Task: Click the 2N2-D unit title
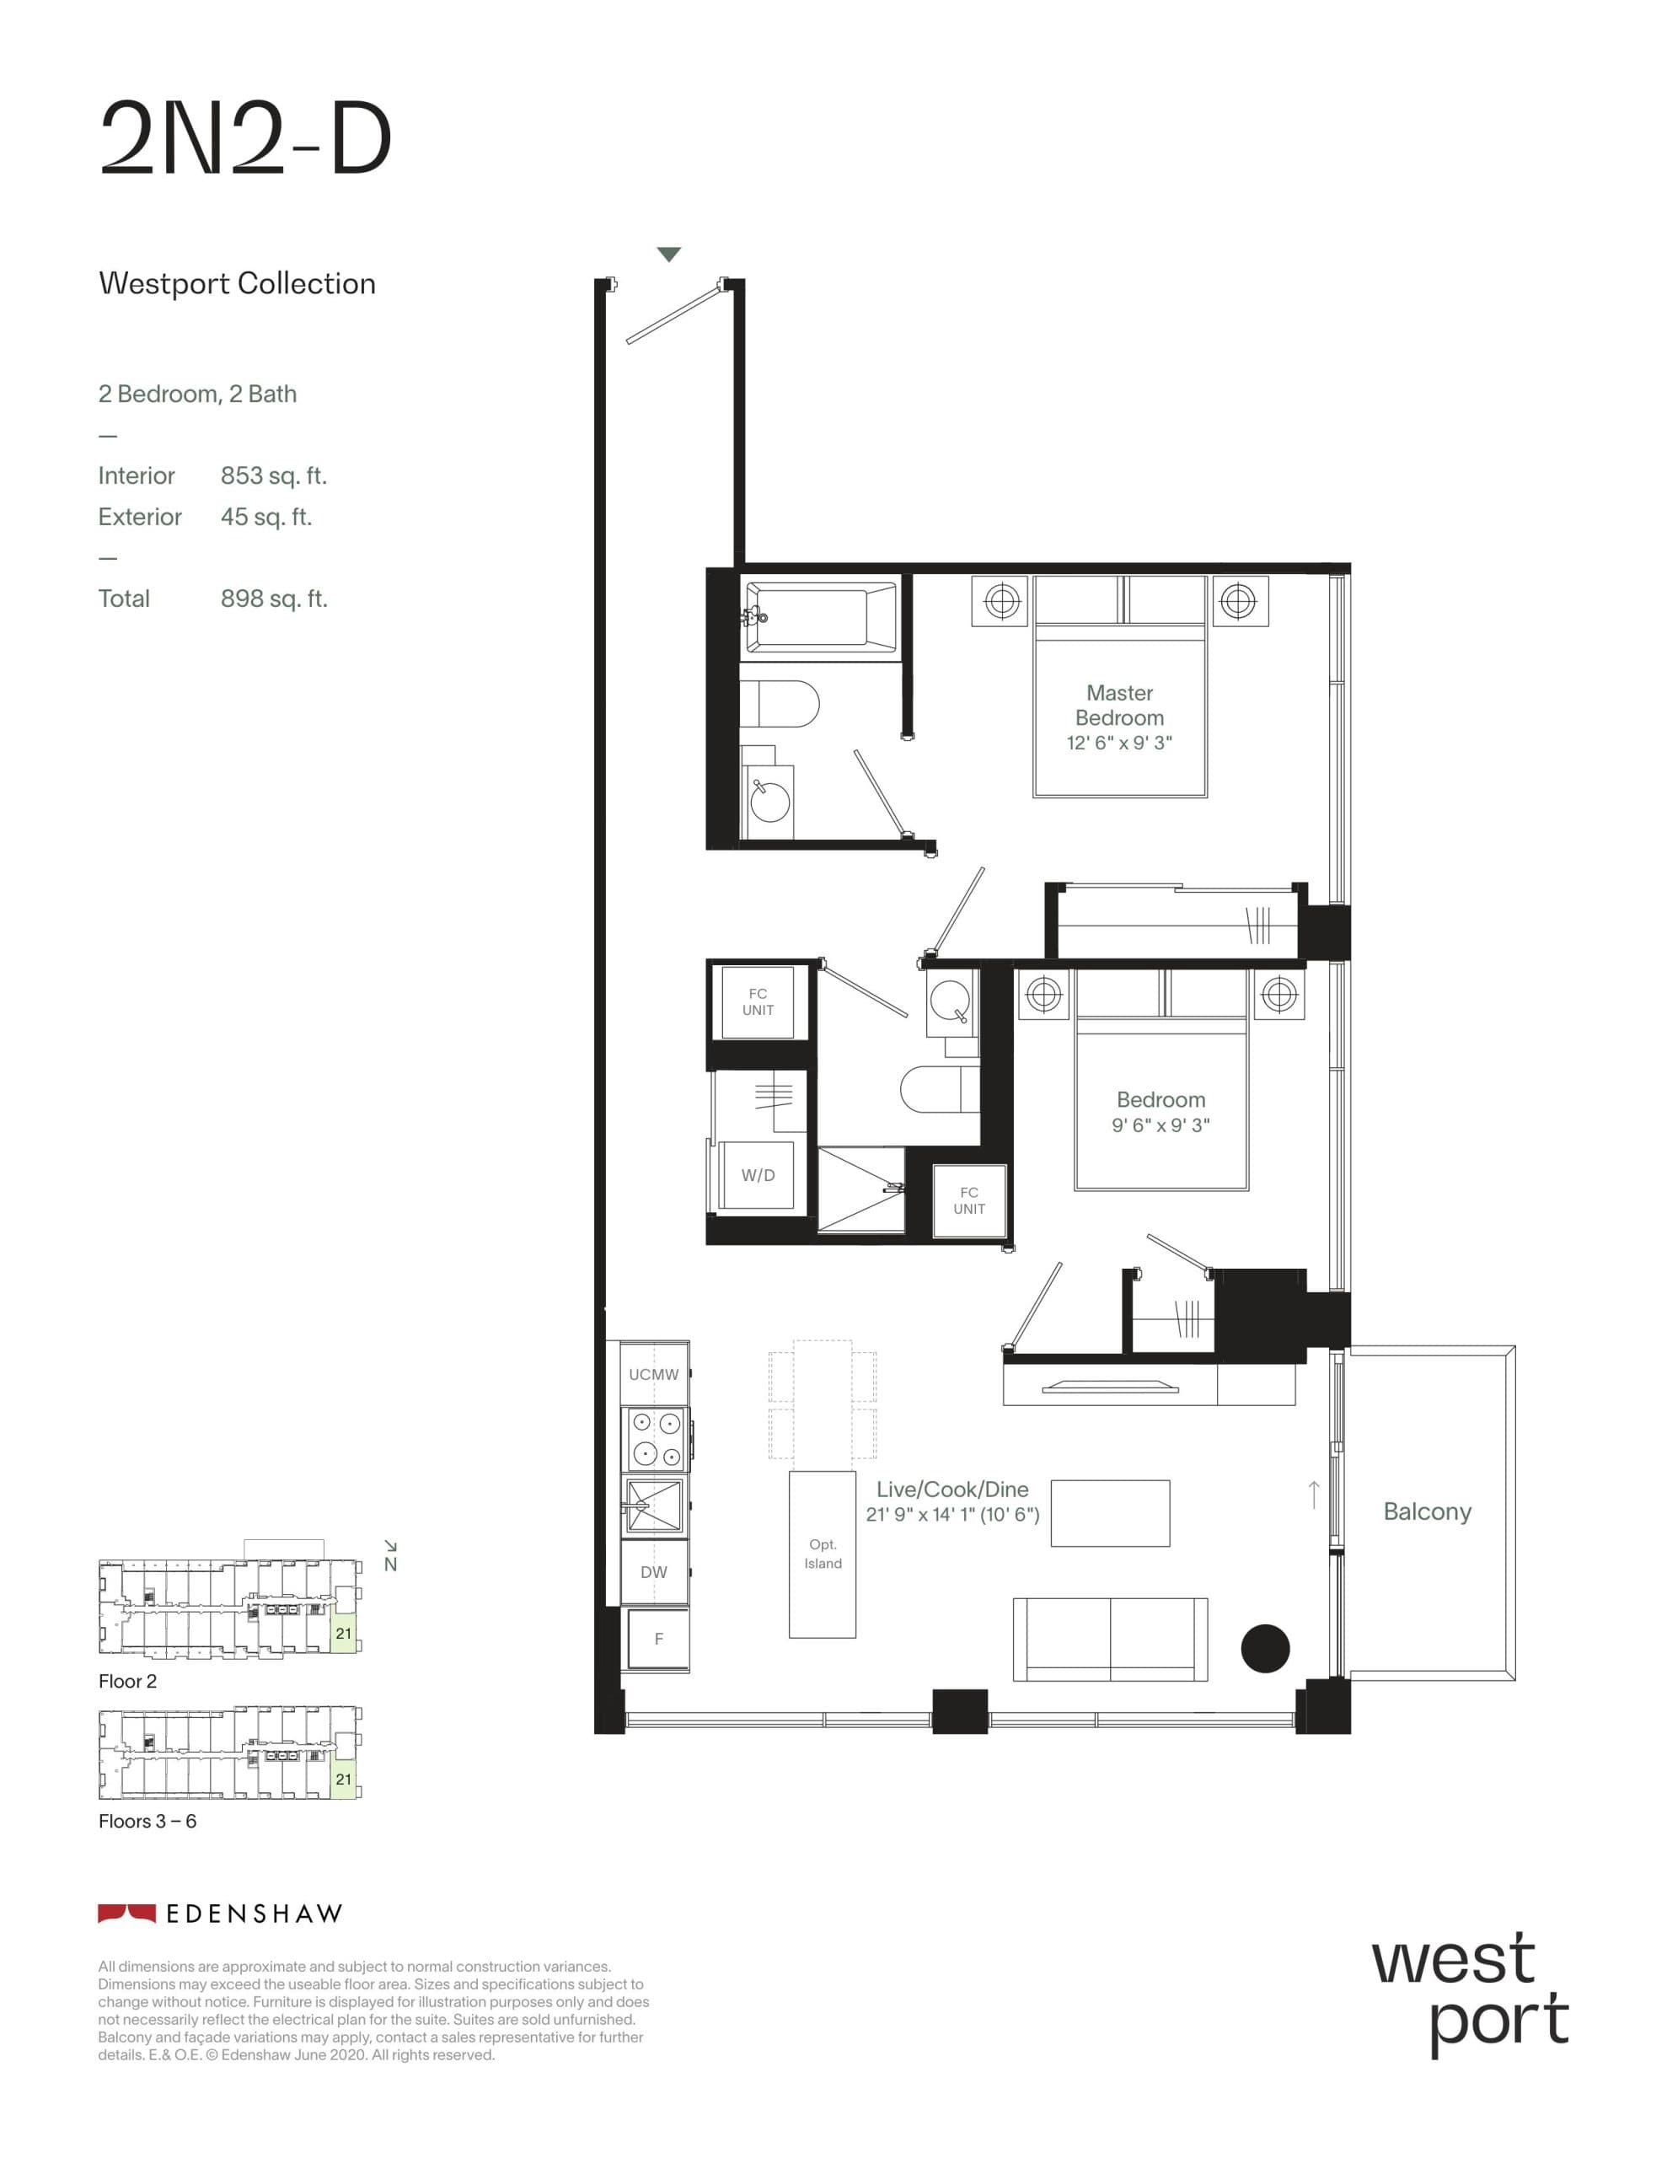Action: (x=246, y=139)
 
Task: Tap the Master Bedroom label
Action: (x=1118, y=705)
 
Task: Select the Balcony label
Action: (x=1426, y=1511)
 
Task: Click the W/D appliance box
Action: (x=757, y=1175)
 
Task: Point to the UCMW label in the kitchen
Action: (x=653, y=1374)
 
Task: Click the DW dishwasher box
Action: (x=653, y=1572)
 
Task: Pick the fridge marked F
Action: (x=658, y=1638)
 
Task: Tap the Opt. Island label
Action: (x=823, y=1554)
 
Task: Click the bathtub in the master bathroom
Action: (x=819, y=616)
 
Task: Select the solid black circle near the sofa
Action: (x=1265, y=1648)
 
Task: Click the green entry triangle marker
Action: (x=669, y=255)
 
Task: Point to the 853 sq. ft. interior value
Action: (x=273, y=475)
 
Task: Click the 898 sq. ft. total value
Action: (x=273, y=599)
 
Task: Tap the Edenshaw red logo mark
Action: (x=126, y=1913)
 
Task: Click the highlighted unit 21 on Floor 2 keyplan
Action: (x=343, y=1634)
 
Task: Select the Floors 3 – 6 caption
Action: (x=147, y=1821)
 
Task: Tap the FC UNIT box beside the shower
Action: (x=968, y=1200)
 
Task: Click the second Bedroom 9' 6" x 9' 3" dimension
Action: (x=1160, y=1125)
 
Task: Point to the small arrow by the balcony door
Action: (x=1313, y=1494)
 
